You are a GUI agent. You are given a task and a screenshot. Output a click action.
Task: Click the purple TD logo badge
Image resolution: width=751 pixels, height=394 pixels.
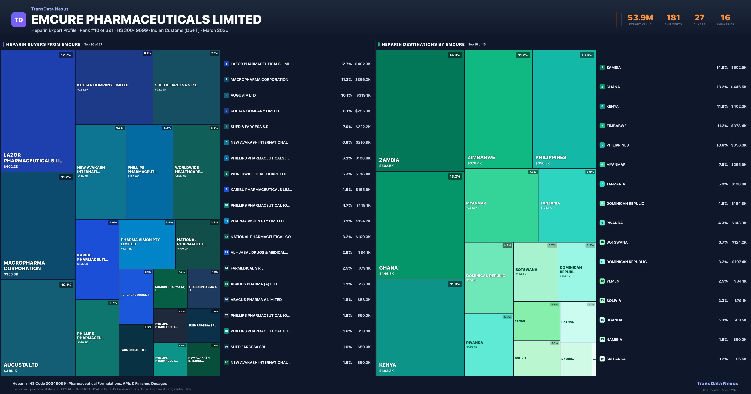(19, 20)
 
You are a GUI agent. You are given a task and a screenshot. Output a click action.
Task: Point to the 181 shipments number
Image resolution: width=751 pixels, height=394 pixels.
(673, 18)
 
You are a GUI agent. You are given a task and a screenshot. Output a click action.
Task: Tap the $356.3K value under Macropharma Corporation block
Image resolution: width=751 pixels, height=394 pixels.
(11, 274)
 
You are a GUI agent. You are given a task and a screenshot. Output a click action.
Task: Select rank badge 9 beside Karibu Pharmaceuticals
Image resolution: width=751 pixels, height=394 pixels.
(226, 189)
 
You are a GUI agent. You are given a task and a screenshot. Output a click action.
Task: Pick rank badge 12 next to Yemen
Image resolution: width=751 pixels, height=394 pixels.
(602, 281)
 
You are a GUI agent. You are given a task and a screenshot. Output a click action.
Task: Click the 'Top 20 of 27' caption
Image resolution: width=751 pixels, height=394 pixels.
(93, 45)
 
